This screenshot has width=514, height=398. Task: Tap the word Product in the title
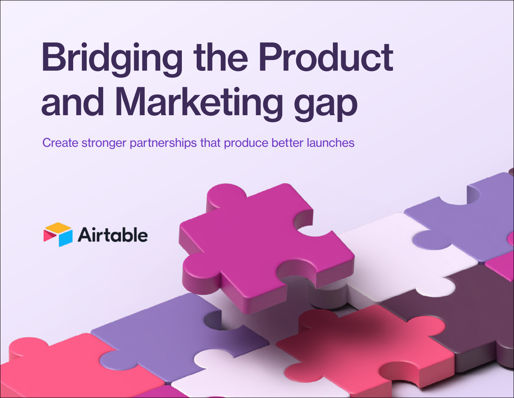[326, 57]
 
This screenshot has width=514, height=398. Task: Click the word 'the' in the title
[221, 57]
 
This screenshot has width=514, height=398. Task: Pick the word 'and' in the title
[72, 102]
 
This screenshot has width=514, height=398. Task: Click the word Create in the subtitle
[60, 143]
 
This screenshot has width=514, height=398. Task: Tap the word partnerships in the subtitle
[163, 143]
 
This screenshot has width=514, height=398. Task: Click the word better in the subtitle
[287, 143]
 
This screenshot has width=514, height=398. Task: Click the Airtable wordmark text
[113, 234]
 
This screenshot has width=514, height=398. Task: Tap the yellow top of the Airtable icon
[58, 227]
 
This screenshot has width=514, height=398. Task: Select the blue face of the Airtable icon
[66, 238]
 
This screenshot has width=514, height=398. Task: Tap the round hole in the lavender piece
[213, 320]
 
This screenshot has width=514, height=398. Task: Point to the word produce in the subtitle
[246, 143]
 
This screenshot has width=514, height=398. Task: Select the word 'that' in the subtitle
[210, 143]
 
